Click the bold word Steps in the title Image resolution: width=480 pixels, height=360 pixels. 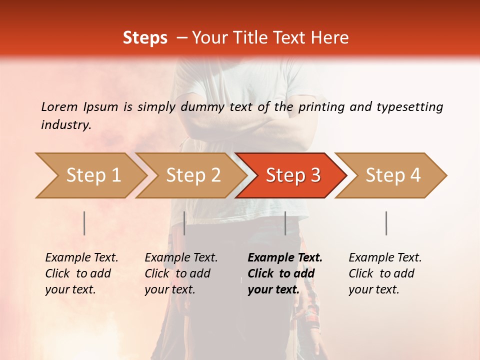pyautogui.click(x=145, y=38)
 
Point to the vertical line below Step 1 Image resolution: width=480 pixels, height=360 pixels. pyautogui.click(x=84, y=223)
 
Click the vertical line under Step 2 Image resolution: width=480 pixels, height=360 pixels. pyautogui.click(x=184, y=223)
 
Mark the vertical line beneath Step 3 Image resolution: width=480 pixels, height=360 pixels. pyautogui.click(x=285, y=223)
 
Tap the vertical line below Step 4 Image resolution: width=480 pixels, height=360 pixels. pyautogui.click(x=386, y=223)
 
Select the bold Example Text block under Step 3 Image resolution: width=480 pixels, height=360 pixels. pyautogui.click(x=284, y=273)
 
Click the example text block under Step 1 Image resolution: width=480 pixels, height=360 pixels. pyautogui.click(x=81, y=273)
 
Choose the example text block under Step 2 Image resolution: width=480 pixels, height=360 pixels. pyautogui.click(x=181, y=273)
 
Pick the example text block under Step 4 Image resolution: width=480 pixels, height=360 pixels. pyautogui.click(x=384, y=273)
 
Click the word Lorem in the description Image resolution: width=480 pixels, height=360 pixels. pyautogui.click(x=59, y=106)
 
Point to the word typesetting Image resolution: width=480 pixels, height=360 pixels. pyautogui.click(x=409, y=107)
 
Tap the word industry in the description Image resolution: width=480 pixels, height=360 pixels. pyautogui.click(x=66, y=125)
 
